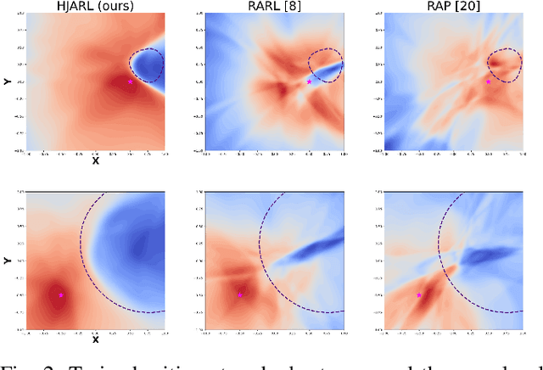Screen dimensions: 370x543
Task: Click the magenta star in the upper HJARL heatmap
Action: pyautogui.click(x=130, y=81)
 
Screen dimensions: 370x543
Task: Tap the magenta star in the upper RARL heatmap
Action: pyautogui.click(x=309, y=81)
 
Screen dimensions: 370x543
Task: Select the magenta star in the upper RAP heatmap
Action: pyautogui.click(x=488, y=81)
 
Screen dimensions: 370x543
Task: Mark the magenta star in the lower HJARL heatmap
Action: pyautogui.click(x=61, y=294)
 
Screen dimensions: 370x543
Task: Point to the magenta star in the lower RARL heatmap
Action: pyautogui.click(x=240, y=294)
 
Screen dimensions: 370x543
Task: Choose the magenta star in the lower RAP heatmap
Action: pyautogui.click(x=419, y=294)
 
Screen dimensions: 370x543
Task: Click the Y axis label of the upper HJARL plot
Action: pyautogui.click(x=8, y=81)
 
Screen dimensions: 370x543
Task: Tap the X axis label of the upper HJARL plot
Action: pyautogui.click(x=95, y=160)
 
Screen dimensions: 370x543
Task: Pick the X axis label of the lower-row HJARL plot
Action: pyautogui.click(x=95, y=339)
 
